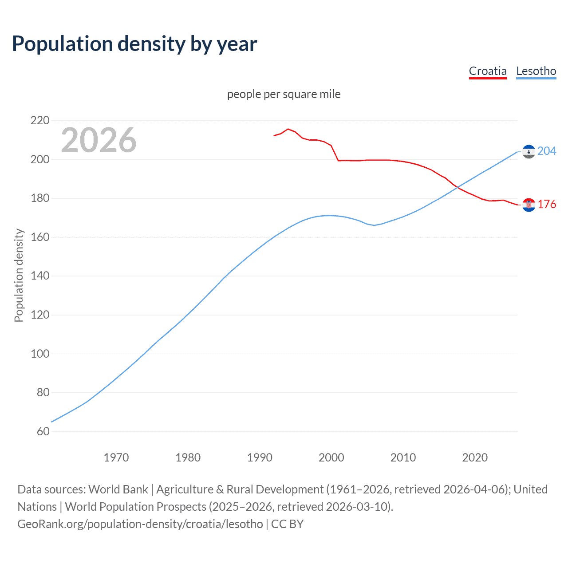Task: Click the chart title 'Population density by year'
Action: (x=134, y=44)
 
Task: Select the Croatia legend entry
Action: (x=488, y=71)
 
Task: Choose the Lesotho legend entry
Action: (x=536, y=71)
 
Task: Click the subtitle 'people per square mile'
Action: (x=284, y=94)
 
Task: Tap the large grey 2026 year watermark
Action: (x=99, y=140)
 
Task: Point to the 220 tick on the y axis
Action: (x=40, y=120)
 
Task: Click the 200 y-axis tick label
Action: (x=40, y=159)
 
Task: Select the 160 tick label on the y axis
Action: (x=40, y=237)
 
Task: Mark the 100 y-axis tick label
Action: (x=40, y=354)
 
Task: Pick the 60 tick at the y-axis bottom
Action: (x=43, y=431)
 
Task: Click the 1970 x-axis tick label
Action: (x=116, y=458)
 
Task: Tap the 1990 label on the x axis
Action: (x=260, y=458)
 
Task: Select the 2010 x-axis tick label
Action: (x=403, y=458)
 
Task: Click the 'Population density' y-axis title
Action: (x=19, y=275)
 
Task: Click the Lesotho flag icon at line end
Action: (x=529, y=151)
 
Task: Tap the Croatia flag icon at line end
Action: (x=529, y=205)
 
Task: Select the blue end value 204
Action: (x=547, y=151)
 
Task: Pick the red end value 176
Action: (x=547, y=204)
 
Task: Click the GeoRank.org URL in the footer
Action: (x=140, y=524)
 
